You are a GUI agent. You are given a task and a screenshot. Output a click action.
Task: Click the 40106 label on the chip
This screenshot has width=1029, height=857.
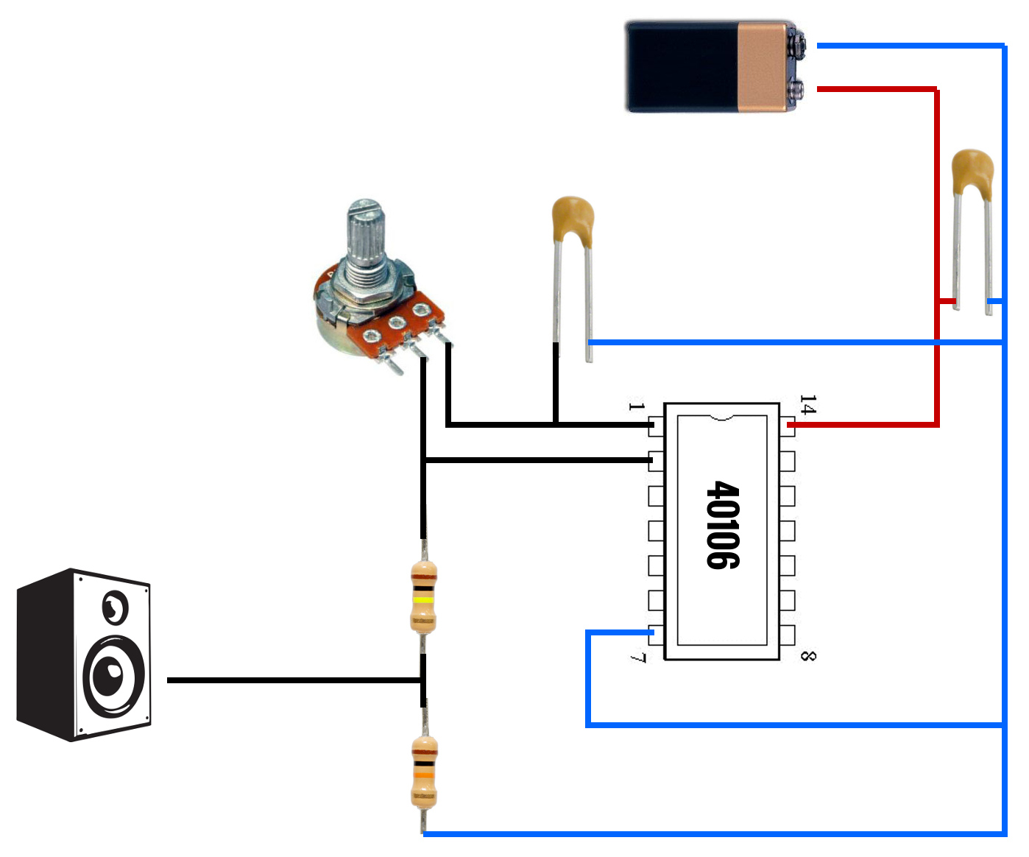(x=723, y=525)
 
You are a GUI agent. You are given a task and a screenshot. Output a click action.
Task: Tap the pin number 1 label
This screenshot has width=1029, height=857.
(x=636, y=406)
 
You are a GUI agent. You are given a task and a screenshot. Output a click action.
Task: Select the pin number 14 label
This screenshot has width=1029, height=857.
(x=808, y=404)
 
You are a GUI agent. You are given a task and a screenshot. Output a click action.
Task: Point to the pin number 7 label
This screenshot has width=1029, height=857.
(x=637, y=657)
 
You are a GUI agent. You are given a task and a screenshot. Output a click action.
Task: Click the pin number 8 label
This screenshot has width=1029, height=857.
(x=808, y=656)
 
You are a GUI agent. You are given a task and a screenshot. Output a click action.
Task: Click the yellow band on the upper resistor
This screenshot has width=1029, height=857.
(x=423, y=600)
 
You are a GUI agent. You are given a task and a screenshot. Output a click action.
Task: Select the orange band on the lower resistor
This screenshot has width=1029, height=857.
(x=424, y=775)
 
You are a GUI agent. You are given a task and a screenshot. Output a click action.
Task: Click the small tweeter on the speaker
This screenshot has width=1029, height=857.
(x=116, y=607)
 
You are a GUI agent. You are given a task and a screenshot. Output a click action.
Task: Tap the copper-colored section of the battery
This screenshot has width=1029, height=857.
(x=763, y=67)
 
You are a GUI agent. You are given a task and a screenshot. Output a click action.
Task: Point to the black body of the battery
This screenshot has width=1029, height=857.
(x=682, y=67)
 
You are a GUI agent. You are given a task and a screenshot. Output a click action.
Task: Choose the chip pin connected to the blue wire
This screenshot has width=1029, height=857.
(x=655, y=635)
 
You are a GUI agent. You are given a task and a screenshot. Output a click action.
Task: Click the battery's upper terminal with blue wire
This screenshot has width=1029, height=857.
(x=796, y=46)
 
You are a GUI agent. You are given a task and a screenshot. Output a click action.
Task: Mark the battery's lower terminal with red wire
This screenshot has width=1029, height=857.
(x=795, y=90)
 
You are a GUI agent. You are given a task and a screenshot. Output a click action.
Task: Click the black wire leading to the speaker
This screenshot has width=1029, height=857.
(x=294, y=680)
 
